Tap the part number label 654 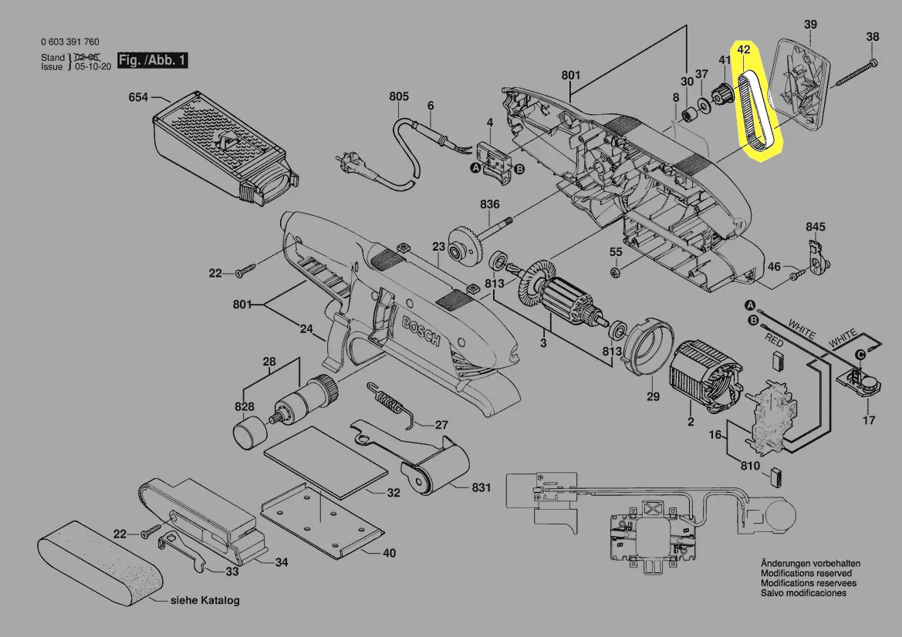click(138, 97)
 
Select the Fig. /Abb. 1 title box click(152, 60)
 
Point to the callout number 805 click(399, 96)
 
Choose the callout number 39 click(810, 24)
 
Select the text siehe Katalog click(204, 600)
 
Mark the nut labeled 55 click(614, 271)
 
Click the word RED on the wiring click(774, 342)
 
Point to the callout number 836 click(489, 204)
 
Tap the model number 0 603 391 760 click(69, 42)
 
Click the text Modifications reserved click(806, 573)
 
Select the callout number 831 click(481, 487)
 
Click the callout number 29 click(653, 396)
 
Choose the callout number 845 click(815, 227)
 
